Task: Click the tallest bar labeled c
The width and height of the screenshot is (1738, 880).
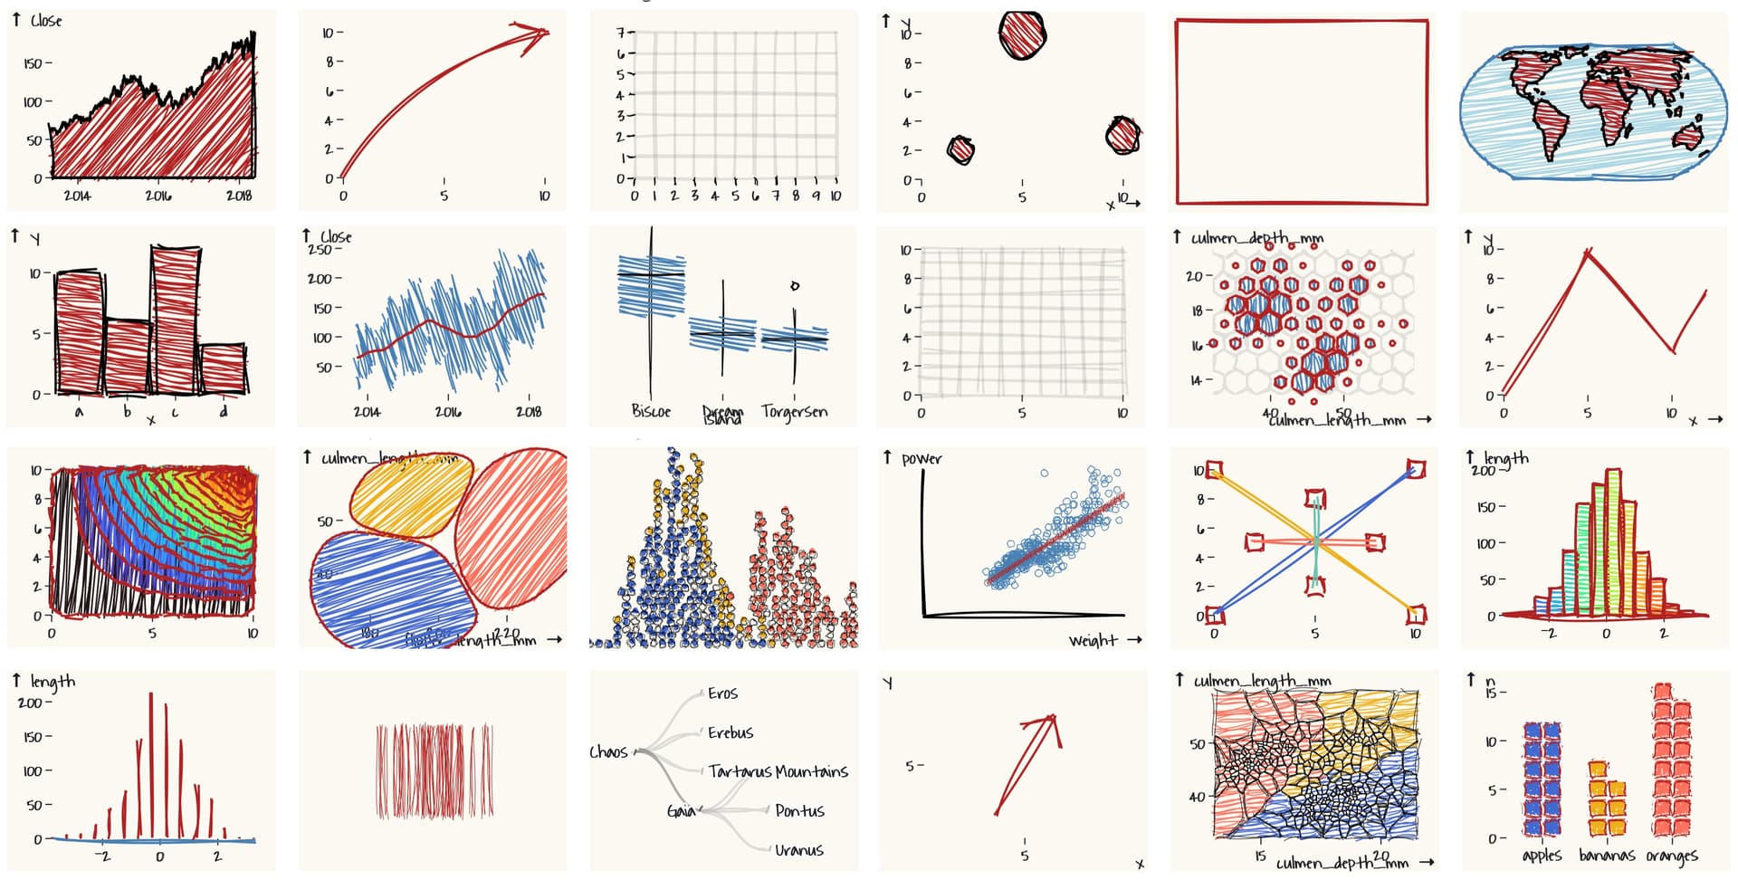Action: (176, 319)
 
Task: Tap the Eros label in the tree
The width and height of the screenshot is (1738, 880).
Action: (722, 693)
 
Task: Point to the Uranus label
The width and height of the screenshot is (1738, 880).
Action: (798, 850)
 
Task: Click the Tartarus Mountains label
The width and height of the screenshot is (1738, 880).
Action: (778, 771)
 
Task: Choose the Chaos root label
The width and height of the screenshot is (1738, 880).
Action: (608, 752)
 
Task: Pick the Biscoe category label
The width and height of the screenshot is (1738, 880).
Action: (651, 411)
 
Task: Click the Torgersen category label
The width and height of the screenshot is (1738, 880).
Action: (794, 412)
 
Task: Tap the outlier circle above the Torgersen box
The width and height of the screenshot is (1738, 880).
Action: (795, 286)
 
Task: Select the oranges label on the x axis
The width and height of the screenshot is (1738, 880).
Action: (1671, 856)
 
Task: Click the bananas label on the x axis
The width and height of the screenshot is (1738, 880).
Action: (1606, 856)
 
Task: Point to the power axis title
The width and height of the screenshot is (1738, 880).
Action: (922, 459)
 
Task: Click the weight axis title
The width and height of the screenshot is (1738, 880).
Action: (1093, 641)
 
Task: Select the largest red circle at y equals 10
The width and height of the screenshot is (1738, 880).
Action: (1023, 34)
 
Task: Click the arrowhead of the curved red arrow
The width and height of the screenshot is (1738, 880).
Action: (536, 35)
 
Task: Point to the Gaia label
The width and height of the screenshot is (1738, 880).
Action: (681, 811)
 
